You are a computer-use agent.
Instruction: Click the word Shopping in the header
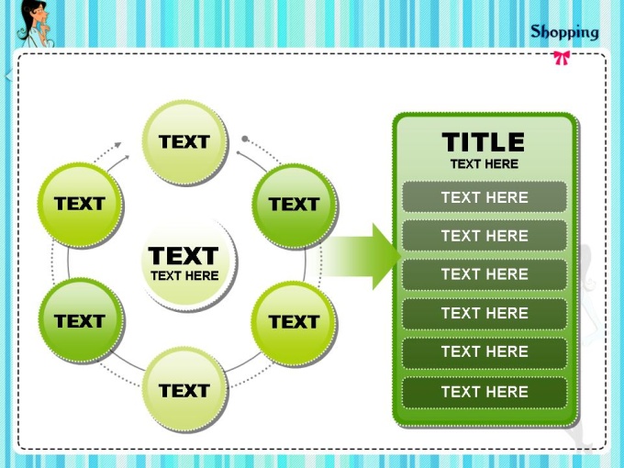564,33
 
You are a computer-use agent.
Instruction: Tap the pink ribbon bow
562,58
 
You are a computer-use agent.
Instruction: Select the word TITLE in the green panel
484,142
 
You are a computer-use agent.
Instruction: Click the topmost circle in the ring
185,142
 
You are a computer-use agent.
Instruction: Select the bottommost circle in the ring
185,390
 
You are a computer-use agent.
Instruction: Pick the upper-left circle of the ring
81,205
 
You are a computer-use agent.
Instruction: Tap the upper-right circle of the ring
295,206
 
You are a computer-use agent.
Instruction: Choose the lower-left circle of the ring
82,321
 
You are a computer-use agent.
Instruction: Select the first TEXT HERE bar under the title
485,197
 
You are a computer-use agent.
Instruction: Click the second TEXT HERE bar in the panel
485,236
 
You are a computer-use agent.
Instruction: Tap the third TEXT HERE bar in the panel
485,274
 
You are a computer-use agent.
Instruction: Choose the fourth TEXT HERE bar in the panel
485,313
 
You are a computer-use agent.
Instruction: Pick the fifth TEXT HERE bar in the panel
485,352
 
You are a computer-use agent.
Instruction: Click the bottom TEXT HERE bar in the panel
485,392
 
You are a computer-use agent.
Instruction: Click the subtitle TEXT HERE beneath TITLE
485,164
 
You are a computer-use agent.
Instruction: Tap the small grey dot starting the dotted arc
245,139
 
